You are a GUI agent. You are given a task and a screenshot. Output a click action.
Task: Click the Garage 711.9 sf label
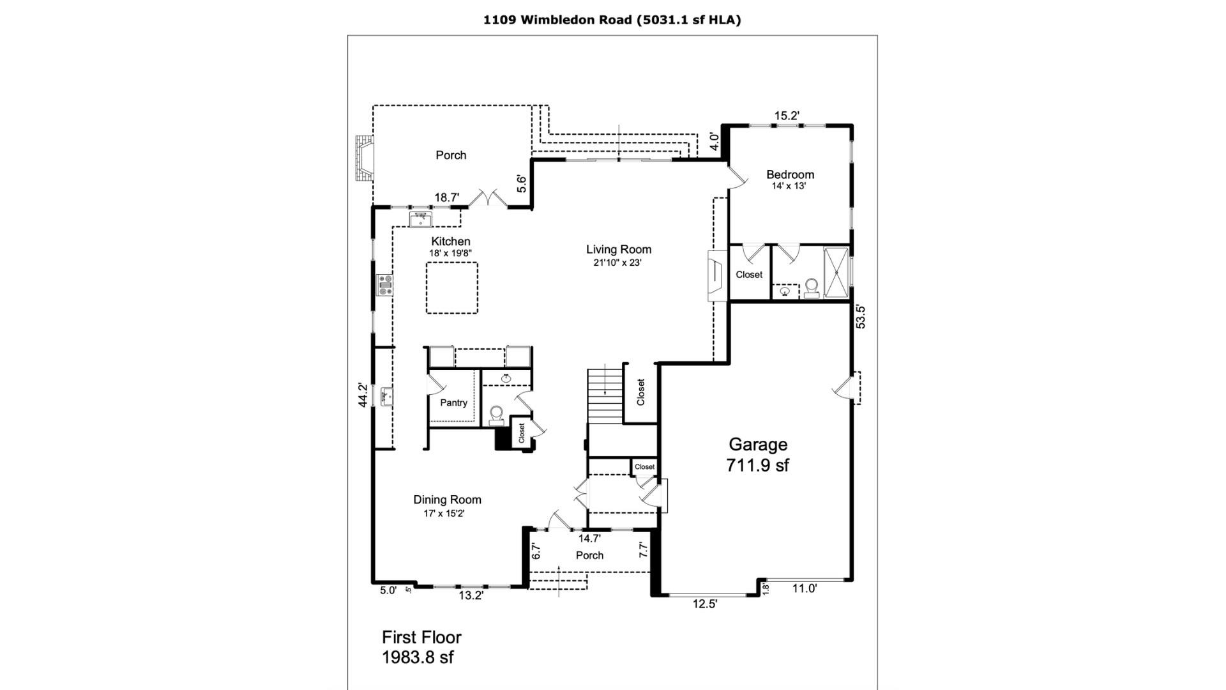click(x=757, y=455)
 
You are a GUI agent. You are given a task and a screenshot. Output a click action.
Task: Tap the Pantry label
click(x=453, y=402)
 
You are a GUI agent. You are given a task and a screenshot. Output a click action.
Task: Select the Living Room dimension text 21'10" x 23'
click(x=613, y=263)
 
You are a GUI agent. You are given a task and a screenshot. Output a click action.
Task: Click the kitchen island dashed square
click(x=451, y=287)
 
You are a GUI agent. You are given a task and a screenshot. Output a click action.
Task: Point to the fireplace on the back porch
click(x=363, y=158)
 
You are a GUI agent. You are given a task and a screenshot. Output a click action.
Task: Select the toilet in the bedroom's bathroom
click(x=812, y=287)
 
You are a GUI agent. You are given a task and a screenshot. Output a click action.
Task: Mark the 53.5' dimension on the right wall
click(x=861, y=317)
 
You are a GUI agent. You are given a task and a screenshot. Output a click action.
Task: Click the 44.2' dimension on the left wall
click(x=363, y=395)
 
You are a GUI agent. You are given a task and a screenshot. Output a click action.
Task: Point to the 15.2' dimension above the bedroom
click(x=787, y=116)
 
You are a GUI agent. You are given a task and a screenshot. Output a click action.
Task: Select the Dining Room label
click(x=447, y=500)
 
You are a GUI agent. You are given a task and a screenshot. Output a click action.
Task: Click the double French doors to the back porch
click(x=488, y=197)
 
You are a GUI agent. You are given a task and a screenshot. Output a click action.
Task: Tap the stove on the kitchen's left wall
click(x=384, y=284)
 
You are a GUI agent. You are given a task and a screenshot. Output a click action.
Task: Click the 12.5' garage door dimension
click(x=705, y=604)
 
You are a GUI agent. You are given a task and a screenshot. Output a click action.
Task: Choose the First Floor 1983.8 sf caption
click(x=421, y=647)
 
